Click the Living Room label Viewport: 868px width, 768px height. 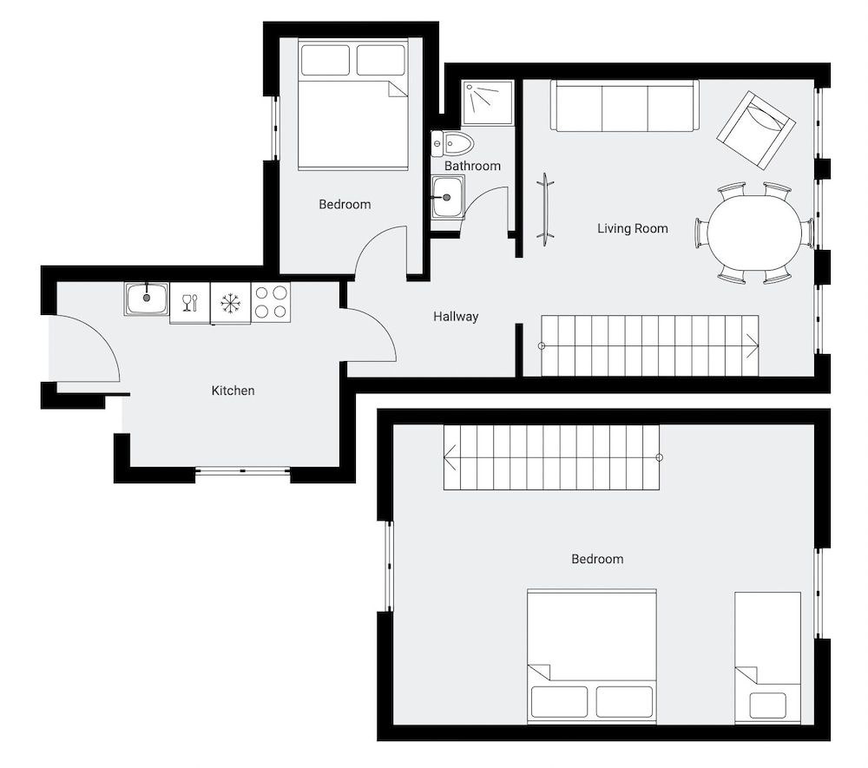pos(632,228)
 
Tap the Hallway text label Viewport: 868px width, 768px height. pos(456,317)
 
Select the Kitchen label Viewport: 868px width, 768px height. pos(233,391)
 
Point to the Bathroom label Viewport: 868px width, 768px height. pos(472,166)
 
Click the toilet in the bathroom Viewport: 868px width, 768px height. pos(453,142)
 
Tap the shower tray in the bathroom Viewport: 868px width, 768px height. pos(487,103)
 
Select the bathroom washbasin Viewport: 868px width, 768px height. pos(448,197)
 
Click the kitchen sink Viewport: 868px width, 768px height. pos(147,299)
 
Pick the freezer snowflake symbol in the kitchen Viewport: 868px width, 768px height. pos(230,303)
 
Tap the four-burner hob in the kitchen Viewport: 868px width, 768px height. pos(270,303)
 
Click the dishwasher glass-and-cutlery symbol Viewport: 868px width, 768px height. pos(190,303)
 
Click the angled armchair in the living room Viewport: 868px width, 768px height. pos(756,129)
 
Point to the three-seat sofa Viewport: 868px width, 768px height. pos(624,106)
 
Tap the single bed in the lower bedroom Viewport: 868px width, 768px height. pos(766,657)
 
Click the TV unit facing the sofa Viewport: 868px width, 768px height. pos(545,208)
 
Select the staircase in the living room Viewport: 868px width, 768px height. pos(649,345)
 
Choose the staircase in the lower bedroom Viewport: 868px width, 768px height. pos(551,457)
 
